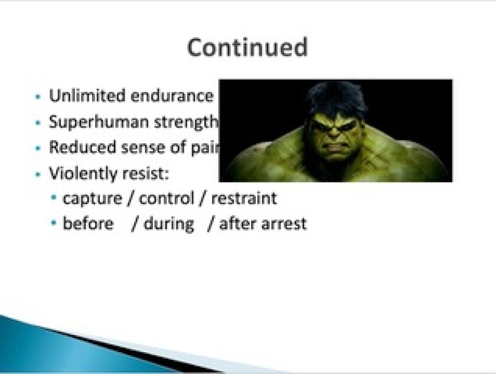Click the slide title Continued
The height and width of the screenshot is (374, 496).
pyautogui.click(x=247, y=47)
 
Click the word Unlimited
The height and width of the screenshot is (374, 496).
pyautogui.click(x=87, y=96)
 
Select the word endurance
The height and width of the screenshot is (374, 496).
pyautogui.click(x=172, y=96)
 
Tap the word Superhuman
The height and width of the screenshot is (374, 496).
pyautogui.click(x=99, y=123)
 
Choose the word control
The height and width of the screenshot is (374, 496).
pyautogui.click(x=167, y=198)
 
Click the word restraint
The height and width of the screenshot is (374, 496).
pyautogui.click(x=244, y=199)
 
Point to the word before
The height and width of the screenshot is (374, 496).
pyautogui.click(x=88, y=223)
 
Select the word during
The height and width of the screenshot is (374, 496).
pyautogui.click(x=169, y=224)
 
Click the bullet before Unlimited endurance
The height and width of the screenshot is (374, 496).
pyautogui.click(x=38, y=96)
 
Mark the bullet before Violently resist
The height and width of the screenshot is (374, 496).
pyautogui.click(x=38, y=174)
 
